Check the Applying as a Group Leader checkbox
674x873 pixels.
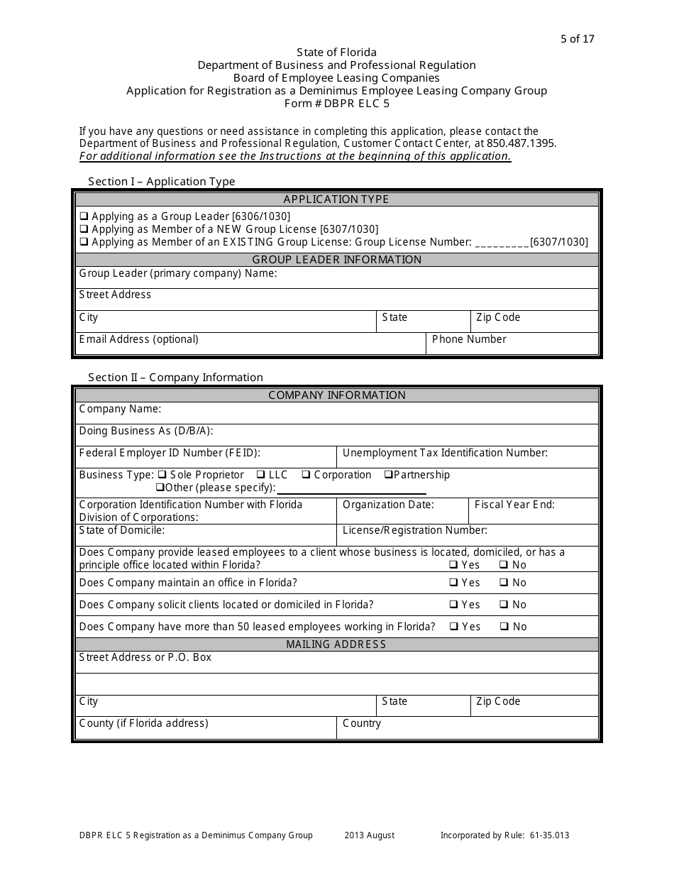pyautogui.click(x=84, y=216)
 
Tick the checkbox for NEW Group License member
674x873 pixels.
pyautogui.click(x=84, y=229)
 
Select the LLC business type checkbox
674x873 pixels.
pyautogui.click(x=261, y=475)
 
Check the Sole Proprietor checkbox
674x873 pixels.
pyautogui.click(x=162, y=475)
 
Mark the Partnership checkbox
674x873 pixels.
pyautogui.click(x=388, y=475)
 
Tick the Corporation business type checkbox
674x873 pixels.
pyautogui.click(x=306, y=475)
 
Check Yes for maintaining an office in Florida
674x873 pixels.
pyautogui.click(x=453, y=583)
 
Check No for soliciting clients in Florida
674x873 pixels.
pyautogui.click(x=503, y=605)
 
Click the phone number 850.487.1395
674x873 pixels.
pyautogui.click(x=521, y=143)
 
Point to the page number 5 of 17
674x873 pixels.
pyautogui.click(x=577, y=39)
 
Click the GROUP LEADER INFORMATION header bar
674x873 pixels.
pyautogui.click(x=337, y=260)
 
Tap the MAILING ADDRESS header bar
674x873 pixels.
pyautogui.click(x=336, y=644)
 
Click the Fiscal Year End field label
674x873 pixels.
pyautogui.click(x=514, y=505)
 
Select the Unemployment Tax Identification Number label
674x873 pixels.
pyautogui.click(x=445, y=453)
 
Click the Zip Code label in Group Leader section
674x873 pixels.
pyautogui.click(x=498, y=317)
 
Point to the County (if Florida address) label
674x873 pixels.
pyautogui.click(x=143, y=723)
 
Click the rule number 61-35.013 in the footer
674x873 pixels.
pyautogui.click(x=549, y=835)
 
